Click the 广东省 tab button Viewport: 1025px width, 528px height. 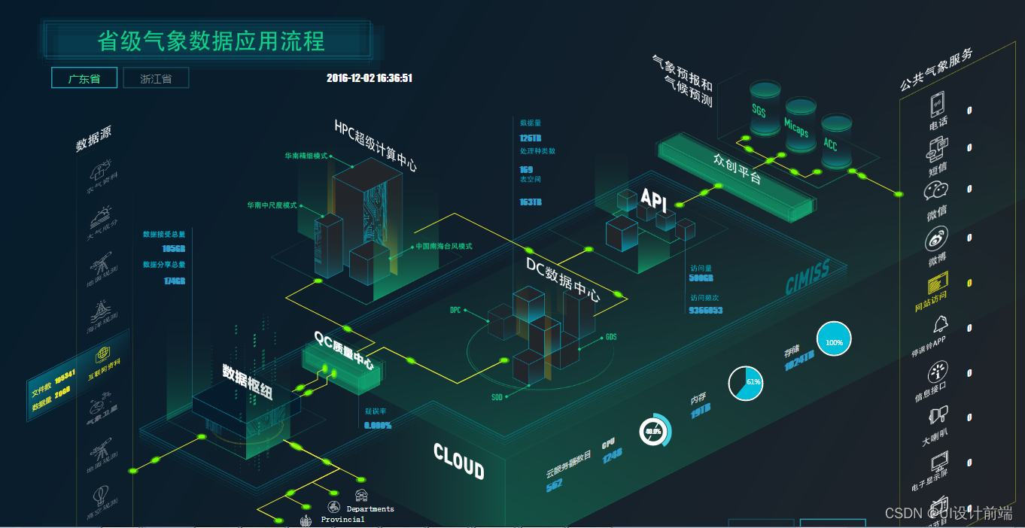(84, 78)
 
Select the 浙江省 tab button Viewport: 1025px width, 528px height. (156, 78)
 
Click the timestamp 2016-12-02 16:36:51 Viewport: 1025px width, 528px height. (370, 78)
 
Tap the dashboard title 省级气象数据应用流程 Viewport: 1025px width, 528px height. (211, 41)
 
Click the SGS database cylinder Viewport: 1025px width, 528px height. (765, 108)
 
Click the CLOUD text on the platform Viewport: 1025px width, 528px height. (458, 460)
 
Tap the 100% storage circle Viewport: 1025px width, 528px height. (834, 342)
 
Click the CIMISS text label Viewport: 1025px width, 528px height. (808, 278)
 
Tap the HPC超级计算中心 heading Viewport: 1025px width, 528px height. (376, 144)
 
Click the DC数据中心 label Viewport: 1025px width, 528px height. (562, 279)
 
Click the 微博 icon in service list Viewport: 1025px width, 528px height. (937, 241)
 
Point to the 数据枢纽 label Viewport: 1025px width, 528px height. (247, 382)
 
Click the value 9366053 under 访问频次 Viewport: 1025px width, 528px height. (706, 310)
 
